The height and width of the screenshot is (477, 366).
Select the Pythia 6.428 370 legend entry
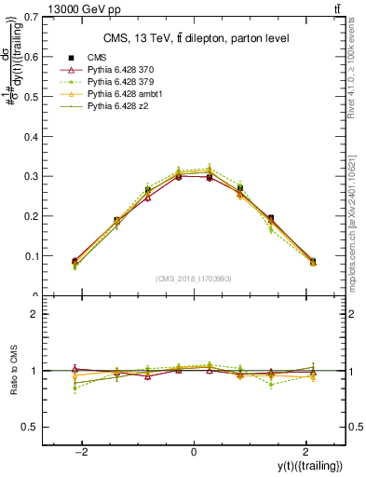(118, 70)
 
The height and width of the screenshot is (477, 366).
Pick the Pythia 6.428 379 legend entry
(118, 82)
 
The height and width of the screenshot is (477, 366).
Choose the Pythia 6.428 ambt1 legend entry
(121, 94)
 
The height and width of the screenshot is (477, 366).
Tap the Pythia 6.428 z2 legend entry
(115, 106)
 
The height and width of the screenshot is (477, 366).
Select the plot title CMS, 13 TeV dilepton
(195, 37)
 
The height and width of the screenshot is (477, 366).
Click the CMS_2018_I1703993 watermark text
(194, 279)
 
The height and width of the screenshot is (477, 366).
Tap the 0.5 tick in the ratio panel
(34, 427)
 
